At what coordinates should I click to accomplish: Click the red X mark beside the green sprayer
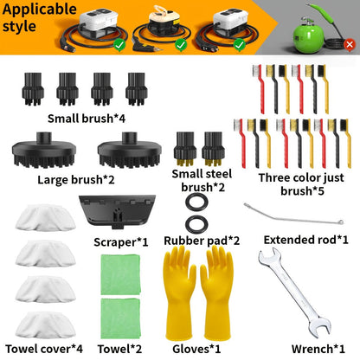[x=350, y=44]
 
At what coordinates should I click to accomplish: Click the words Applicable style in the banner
[x=40, y=17]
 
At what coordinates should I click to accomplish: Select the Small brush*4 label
[x=87, y=119]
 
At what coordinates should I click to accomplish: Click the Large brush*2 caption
[x=76, y=180]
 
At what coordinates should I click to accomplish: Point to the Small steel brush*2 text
[x=202, y=180]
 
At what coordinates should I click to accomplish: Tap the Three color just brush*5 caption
[x=301, y=184]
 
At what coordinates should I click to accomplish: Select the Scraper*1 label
[x=121, y=242]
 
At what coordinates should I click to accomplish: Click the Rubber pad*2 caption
[x=202, y=241]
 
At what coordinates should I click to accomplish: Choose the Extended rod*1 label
[x=306, y=240]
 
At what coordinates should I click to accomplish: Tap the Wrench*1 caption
[x=318, y=349]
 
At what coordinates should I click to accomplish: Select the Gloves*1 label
[x=196, y=349]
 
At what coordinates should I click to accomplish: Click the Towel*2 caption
[x=119, y=349]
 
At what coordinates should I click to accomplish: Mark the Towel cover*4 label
[x=44, y=349]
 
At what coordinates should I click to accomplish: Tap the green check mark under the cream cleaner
[x=181, y=45]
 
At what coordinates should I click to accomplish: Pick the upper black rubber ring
[x=196, y=202]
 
